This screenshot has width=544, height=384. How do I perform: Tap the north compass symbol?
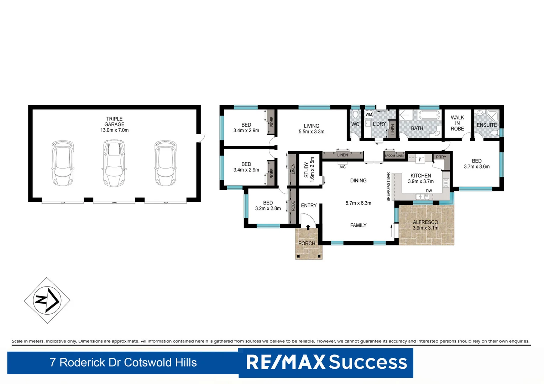coord(47,300)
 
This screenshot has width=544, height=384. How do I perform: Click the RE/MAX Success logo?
coord(326,362)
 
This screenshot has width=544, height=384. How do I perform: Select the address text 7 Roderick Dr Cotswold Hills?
coord(123,362)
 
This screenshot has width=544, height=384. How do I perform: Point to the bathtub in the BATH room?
coord(429,116)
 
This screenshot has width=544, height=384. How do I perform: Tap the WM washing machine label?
coord(368,114)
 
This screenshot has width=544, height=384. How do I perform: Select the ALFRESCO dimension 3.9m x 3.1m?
coord(425,228)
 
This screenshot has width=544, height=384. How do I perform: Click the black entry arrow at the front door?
coord(308,227)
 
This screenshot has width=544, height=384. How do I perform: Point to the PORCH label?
coord(307,244)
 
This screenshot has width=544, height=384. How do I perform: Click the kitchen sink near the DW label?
coord(422,197)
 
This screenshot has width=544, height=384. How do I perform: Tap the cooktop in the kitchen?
coord(446,183)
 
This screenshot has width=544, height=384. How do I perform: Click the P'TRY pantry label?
coord(441,157)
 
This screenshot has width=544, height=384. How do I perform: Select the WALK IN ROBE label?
coord(457,123)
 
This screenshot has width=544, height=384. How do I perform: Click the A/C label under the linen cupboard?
coord(342,167)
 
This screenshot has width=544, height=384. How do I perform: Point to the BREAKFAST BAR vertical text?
coord(388,187)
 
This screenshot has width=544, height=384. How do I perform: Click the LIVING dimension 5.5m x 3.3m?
coord(311,132)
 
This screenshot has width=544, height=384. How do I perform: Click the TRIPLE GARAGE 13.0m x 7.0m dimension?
coord(114,130)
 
